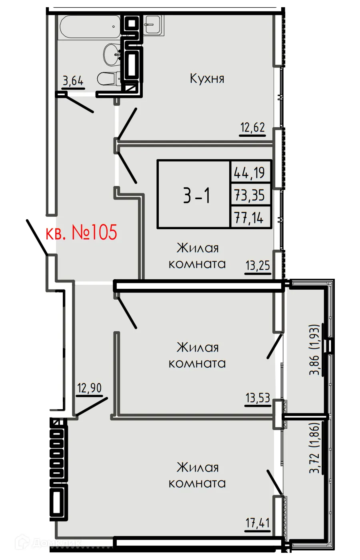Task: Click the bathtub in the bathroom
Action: pyautogui.click(x=90, y=27)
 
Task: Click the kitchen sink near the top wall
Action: pyautogui.click(x=153, y=24)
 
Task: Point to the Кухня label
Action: pyautogui.click(x=207, y=78)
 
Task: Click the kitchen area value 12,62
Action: pyautogui.click(x=252, y=128)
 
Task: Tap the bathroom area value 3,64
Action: pyautogui.click(x=73, y=81)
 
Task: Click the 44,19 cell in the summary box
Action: pyautogui.click(x=250, y=172)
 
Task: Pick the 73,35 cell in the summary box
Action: pyautogui.click(x=250, y=195)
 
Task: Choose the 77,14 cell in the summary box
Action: pyautogui.click(x=250, y=218)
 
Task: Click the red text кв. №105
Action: pyautogui.click(x=82, y=232)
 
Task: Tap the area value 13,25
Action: pyautogui.click(x=258, y=265)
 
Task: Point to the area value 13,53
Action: pyautogui.click(x=258, y=398)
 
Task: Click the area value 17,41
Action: pyautogui.click(x=258, y=523)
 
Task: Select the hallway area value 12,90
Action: pyautogui.click(x=89, y=388)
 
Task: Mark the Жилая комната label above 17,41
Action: pyautogui.click(x=197, y=475)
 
